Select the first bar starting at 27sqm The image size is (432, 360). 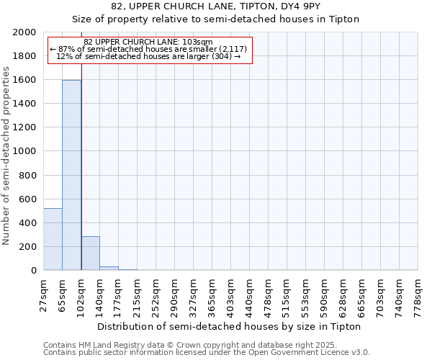pyautogui.click(x=53, y=239)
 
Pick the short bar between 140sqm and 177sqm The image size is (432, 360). pyautogui.click(x=109, y=268)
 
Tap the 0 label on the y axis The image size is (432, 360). pyautogui.click(x=34, y=270)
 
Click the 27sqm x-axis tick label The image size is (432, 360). pyautogui.click(x=44, y=295)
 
